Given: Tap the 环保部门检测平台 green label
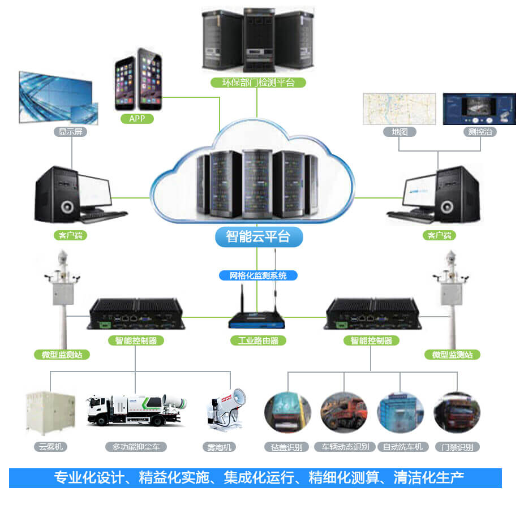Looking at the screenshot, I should pos(257,83).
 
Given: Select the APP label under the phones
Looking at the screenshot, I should pos(137,118).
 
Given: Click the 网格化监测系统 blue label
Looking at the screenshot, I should pos(258,275).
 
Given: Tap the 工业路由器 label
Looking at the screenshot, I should pos(258,340).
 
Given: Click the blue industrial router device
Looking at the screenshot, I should pos(257,320).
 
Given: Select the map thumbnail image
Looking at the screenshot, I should pos(399,109).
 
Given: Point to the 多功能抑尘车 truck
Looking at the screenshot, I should pos(135,410).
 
